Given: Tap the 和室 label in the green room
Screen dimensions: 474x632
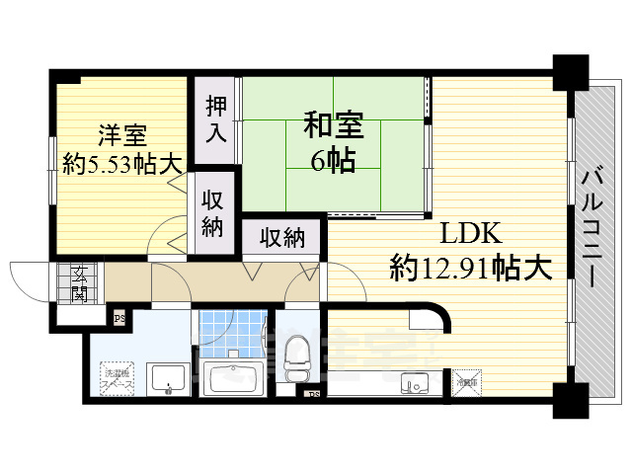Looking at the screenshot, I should (333, 125).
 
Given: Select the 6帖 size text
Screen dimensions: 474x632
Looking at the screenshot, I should (333, 160).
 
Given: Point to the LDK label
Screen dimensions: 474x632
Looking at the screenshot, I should (472, 234).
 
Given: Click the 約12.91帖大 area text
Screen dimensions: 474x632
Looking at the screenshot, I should (470, 268).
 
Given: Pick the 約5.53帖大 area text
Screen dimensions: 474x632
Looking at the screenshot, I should (122, 166).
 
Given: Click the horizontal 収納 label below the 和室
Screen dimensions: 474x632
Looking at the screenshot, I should (281, 237).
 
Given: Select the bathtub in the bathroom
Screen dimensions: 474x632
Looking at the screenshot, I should (233, 378).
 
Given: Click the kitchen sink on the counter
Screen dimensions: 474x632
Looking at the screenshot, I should (413, 382).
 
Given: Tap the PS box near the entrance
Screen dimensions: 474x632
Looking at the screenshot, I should (118, 318).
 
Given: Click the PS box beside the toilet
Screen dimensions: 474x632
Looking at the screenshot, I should (314, 395).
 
